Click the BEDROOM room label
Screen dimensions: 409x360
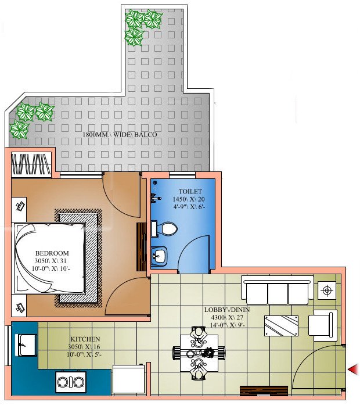(x=52, y=253)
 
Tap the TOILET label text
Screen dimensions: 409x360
(x=190, y=191)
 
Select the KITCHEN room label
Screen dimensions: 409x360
(x=85, y=339)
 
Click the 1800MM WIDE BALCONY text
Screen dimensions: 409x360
(x=120, y=135)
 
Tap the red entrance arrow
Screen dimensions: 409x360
(x=352, y=369)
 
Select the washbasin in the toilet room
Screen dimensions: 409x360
(x=159, y=254)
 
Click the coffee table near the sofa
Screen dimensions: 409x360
(x=282, y=325)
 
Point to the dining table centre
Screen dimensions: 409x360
(x=198, y=352)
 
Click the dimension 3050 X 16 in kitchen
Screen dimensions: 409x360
(x=85, y=347)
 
